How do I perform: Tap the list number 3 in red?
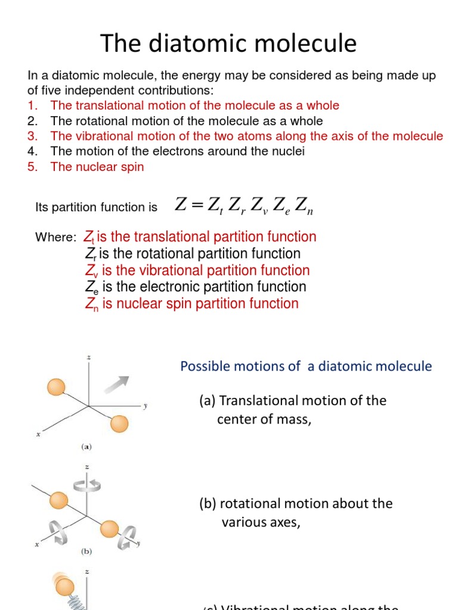32,136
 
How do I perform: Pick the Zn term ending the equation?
304,206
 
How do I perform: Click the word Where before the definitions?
55,238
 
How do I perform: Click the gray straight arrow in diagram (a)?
115,384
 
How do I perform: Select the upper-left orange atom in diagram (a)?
56,388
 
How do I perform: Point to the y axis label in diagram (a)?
144,406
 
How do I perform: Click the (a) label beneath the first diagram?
86,445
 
